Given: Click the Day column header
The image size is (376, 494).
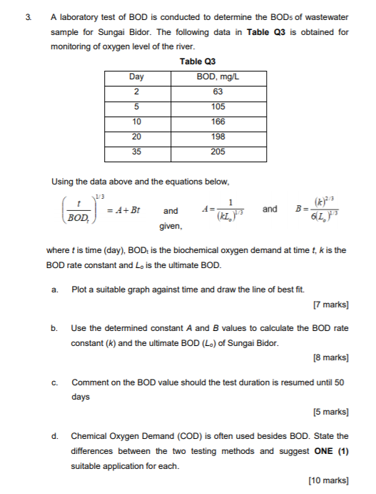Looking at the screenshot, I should (136, 76).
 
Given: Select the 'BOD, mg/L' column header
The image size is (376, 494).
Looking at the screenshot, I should (218, 76).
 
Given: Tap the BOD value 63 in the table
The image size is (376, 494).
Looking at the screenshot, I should (218, 92).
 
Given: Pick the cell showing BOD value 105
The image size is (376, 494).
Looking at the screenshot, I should (218, 107).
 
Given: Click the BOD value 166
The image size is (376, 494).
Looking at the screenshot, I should (218, 122).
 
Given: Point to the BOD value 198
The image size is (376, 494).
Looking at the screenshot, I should (218, 137).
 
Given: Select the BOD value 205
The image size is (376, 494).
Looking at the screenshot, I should (218, 152).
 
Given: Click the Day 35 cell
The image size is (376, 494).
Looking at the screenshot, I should (136, 152).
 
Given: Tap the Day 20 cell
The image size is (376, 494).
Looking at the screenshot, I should (136, 137).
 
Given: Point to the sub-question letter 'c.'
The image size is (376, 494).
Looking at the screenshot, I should (54, 382).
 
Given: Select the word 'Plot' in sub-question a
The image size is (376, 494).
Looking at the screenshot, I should (79, 290).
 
